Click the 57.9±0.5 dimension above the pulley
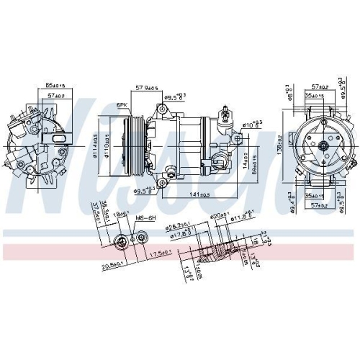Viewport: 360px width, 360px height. point(147,90)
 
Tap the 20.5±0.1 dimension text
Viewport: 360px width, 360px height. point(114,266)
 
